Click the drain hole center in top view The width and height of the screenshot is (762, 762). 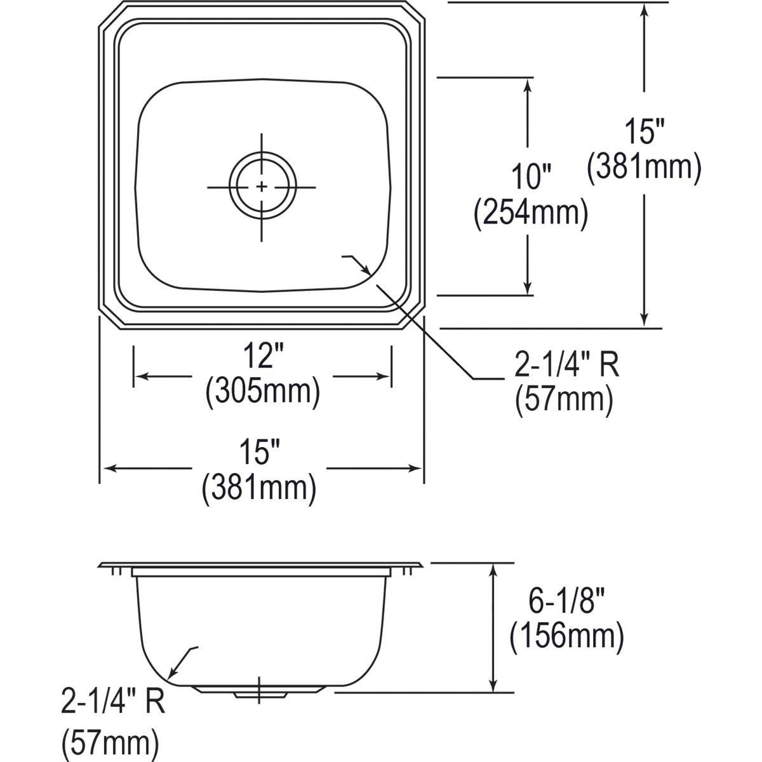(262, 186)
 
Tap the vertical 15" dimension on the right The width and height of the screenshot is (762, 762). (645, 131)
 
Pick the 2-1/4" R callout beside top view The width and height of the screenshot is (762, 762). (566, 366)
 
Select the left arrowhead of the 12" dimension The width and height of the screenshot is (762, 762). (141, 376)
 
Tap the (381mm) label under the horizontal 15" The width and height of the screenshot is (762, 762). (259, 489)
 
